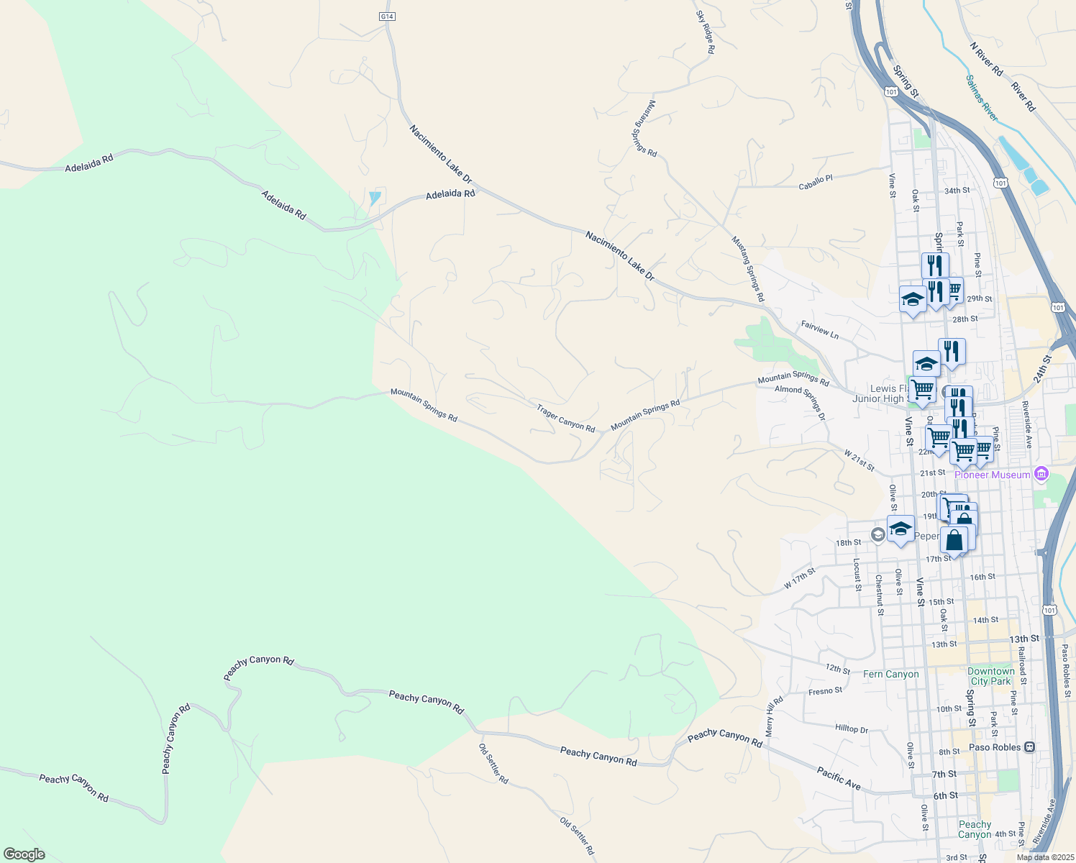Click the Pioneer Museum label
tap(992, 475)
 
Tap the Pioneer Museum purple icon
tap(1040, 475)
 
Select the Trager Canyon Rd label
tap(565, 418)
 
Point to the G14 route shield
tap(387, 16)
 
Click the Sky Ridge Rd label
tap(705, 32)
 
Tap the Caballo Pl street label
tap(815, 182)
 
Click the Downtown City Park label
tap(990, 676)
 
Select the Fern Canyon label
tap(890, 674)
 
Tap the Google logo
tap(24, 854)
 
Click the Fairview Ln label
tap(820, 330)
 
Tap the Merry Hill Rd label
tap(774, 715)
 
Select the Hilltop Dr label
tap(852, 729)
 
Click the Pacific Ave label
tap(839, 778)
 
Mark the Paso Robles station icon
tap(1029, 747)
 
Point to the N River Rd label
tap(986, 59)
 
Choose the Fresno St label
tap(825, 691)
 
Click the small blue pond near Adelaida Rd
tap(374, 197)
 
